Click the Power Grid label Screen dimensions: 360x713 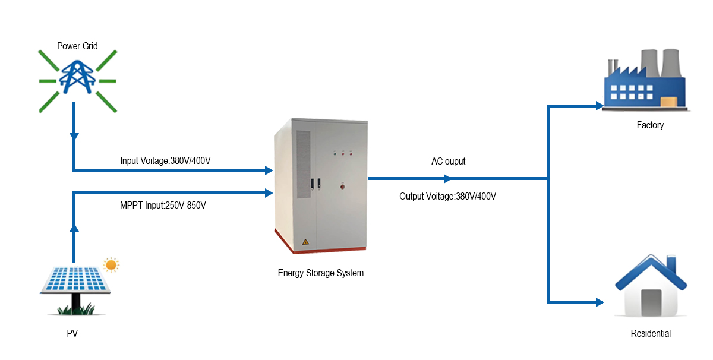click(x=77, y=46)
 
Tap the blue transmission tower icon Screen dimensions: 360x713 click(x=78, y=78)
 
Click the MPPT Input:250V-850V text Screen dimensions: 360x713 click(x=163, y=206)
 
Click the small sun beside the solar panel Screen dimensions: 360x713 click(x=111, y=264)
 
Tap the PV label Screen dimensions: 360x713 click(x=72, y=334)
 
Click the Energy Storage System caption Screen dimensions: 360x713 click(x=321, y=273)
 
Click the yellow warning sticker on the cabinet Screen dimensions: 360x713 click(x=305, y=242)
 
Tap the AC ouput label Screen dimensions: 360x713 click(x=448, y=162)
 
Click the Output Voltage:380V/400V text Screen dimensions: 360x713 click(x=447, y=196)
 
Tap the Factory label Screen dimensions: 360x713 click(x=650, y=125)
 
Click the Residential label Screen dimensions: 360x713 click(x=651, y=334)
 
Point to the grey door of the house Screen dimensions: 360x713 click(x=651, y=302)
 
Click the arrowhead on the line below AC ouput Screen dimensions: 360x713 click(x=448, y=178)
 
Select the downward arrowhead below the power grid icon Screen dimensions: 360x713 click(x=74, y=137)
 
